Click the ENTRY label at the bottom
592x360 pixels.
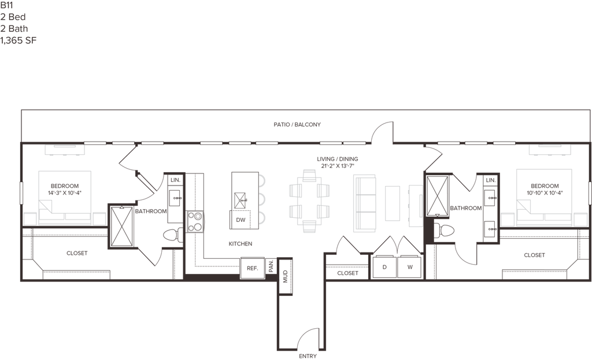pyautogui.click(x=308, y=357)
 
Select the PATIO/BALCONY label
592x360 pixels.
pyautogui.click(x=297, y=124)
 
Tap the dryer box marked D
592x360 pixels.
pyautogui.click(x=384, y=266)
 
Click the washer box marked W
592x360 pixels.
pyautogui.click(x=409, y=266)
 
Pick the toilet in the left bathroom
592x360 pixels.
pyautogui.click(x=173, y=234)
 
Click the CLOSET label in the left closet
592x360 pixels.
pyautogui.click(x=76, y=253)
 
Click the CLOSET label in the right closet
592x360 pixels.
pyautogui.click(x=534, y=255)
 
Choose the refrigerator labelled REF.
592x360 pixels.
pyautogui.click(x=251, y=268)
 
